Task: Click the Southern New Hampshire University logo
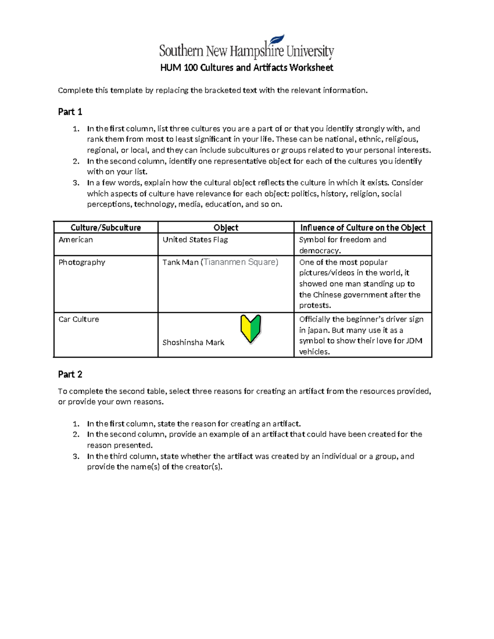(246, 48)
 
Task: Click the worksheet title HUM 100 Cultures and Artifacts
(246, 68)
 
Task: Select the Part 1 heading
(70, 112)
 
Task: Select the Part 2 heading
(70, 374)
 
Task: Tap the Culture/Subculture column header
(105, 228)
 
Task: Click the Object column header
(226, 228)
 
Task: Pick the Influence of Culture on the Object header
(363, 228)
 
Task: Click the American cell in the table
(76, 240)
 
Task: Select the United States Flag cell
(195, 240)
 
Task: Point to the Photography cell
(82, 263)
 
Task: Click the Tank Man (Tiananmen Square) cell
(220, 263)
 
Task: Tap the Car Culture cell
(79, 319)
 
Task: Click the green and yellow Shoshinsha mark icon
(251, 328)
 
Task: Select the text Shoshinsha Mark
(193, 343)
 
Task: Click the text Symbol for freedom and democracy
(343, 245)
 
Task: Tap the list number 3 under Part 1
(76, 183)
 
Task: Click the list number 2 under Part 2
(76, 435)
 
